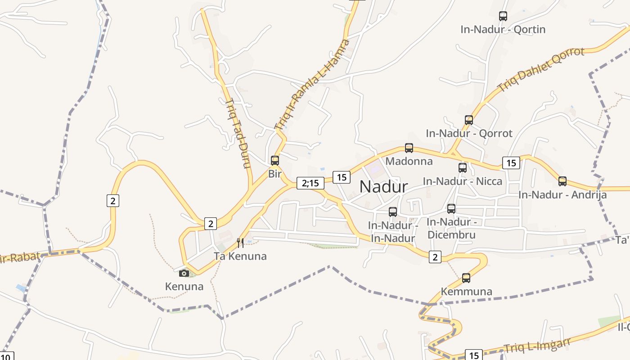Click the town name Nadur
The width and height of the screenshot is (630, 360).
(384, 187)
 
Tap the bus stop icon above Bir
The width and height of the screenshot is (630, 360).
(275, 160)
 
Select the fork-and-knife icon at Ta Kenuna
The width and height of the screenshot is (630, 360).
(240, 243)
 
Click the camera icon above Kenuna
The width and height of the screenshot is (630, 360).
(184, 273)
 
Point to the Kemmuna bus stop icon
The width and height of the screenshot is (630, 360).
(466, 278)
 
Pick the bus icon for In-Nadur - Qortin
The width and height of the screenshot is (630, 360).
(503, 16)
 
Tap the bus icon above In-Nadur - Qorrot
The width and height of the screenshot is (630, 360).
(469, 120)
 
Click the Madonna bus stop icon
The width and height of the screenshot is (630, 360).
(409, 148)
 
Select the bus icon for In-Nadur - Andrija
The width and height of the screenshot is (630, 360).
(562, 181)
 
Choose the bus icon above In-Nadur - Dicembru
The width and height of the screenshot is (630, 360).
(451, 209)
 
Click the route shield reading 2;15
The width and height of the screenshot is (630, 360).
(310, 183)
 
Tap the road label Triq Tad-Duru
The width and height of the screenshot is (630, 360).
(237, 134)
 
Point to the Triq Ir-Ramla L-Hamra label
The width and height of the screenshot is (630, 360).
(312, 85)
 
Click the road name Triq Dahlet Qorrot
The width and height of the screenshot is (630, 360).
(541, 69)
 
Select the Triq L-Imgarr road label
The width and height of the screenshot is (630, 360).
(537, 345)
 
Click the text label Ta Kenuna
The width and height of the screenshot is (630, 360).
(240, 256)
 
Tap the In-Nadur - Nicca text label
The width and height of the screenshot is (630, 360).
(462, 181)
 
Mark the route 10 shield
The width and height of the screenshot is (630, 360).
(6, 356)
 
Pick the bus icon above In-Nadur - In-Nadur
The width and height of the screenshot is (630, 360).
(393, 212)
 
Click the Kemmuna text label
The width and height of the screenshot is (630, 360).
(466, 292)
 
